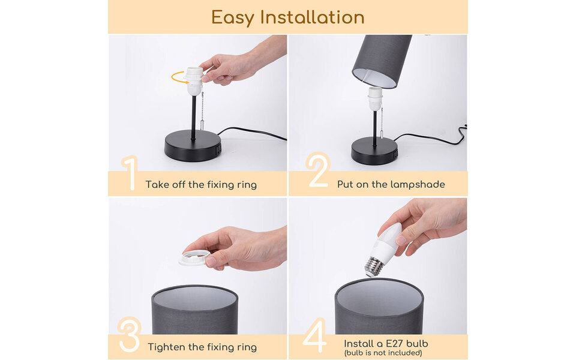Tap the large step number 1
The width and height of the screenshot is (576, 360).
pos(129,173)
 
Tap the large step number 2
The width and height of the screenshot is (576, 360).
pos(317,170)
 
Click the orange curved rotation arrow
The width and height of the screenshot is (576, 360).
pos(179,77)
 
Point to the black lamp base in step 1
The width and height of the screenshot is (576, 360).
pos(193,146)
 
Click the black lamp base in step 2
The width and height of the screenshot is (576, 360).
pos(374,151)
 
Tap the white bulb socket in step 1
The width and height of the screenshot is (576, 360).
pos(193,81)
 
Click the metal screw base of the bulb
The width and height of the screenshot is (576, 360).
pos(374,266)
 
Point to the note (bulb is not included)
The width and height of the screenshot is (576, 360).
pos(383,353)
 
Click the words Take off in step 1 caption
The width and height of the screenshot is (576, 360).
pos(166,184)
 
